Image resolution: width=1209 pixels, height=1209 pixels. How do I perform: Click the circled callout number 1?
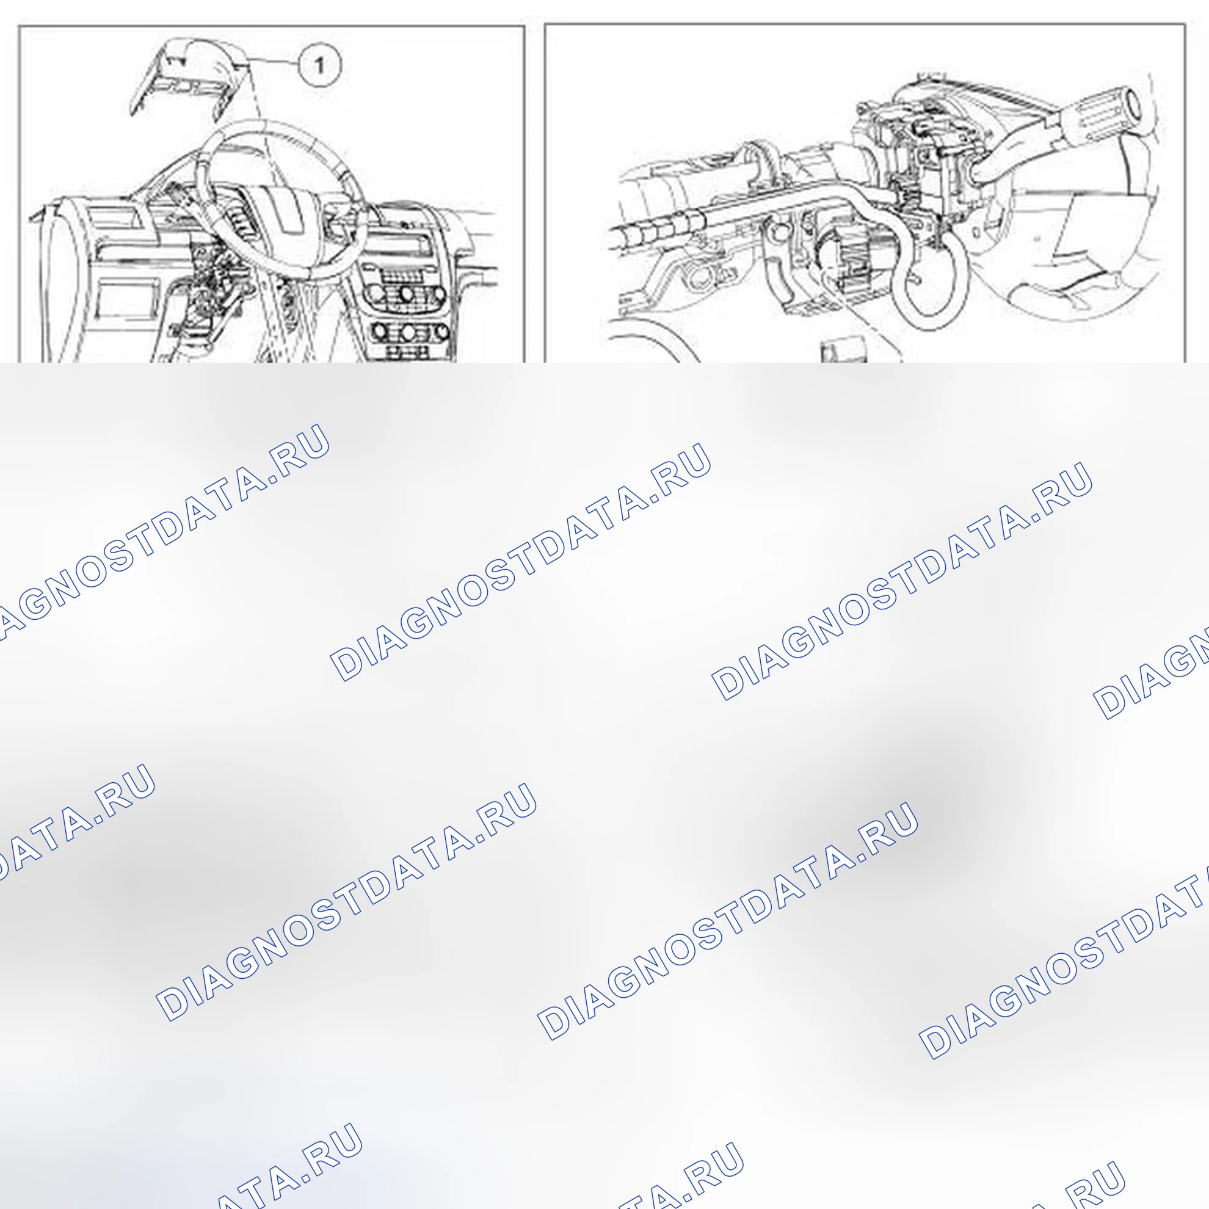pos(319,65)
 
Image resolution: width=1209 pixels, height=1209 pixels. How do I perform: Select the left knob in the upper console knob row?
pos(373,294)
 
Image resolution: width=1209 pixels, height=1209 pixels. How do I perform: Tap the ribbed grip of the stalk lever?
pos(1098,119)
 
